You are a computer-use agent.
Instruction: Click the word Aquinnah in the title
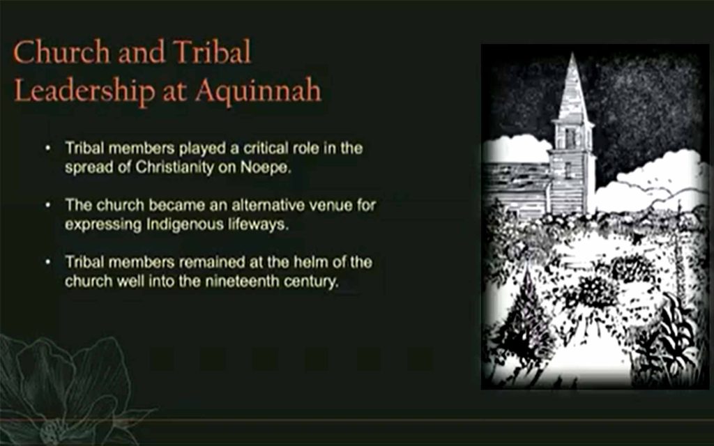(x=258, y=91)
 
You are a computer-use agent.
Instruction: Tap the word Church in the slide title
(x=61, y=52)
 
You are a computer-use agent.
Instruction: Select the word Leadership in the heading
(x=84, y=91)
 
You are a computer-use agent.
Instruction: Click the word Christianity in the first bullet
(x=174, y=167)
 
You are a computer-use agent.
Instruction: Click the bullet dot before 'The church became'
(x=48, y=206)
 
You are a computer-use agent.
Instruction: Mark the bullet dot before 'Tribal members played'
(x=48, y=148)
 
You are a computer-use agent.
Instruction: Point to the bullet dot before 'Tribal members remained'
(x=48, y=263)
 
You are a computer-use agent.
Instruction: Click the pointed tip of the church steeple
(x=572, y=54)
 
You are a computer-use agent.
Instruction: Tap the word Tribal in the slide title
(x=212, y=52)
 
